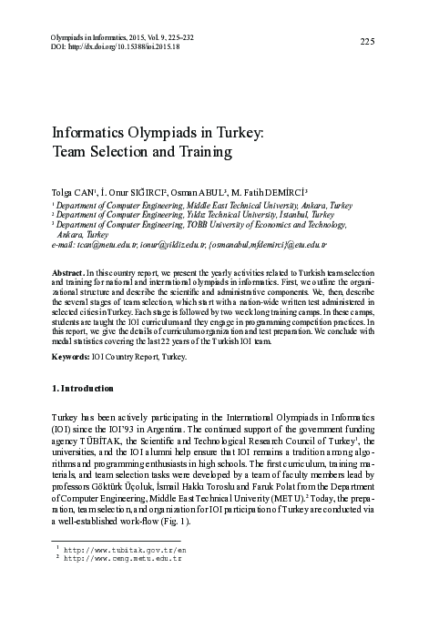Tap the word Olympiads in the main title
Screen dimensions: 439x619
(x=157, y=133)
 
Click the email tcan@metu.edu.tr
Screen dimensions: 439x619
(x=107, y=247)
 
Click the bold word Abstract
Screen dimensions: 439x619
(x=72, y=273)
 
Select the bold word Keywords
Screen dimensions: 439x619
(x=74, y=356)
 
